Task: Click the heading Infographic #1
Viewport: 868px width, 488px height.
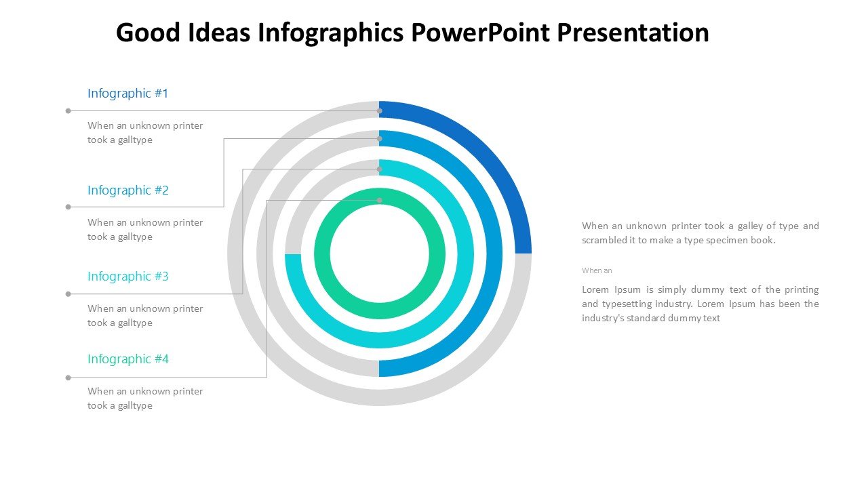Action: click(128, 94)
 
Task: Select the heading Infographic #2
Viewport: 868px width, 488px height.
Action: click(128, 190)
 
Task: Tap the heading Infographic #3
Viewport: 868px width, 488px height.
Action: click(128, 276)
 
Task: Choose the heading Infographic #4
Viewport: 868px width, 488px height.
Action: click(128, 359)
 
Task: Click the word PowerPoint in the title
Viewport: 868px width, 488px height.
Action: click(481, 32)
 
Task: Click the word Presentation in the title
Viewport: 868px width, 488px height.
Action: click(633, 32)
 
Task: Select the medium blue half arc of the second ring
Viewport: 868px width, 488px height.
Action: click(494, 253)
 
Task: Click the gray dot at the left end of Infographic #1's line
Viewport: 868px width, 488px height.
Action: click(68, 110)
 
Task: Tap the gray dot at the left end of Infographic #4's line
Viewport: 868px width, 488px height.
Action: click(68, 378)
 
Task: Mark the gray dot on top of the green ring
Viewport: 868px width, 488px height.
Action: click(379, 200)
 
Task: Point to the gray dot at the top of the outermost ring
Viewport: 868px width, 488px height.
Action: click(379, 110)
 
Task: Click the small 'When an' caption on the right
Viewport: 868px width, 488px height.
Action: click(597, 270)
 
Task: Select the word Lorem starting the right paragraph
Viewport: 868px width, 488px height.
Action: click(595, 289)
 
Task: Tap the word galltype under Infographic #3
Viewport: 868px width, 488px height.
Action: click(135, 323)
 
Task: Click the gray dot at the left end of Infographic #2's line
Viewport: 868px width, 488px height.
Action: click(68, 207)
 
